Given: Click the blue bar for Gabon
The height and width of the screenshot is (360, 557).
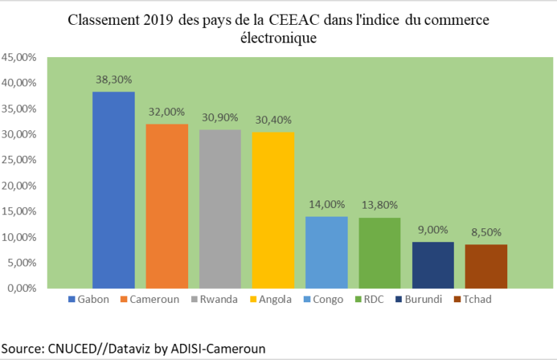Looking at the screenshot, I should [x=113, y=190].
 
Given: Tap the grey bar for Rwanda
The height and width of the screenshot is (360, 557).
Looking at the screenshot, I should [x=220, y=209].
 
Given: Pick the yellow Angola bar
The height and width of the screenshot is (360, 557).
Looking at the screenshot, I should [x=273, y=210].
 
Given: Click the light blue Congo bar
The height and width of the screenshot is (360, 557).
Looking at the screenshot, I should [x=326, y=252].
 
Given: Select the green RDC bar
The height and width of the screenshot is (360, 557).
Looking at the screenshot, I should [x=379, y=252].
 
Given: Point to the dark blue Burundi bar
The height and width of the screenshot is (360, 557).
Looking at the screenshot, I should [x=433, y=265].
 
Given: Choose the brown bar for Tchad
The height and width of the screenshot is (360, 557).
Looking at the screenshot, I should [x=486, y=266].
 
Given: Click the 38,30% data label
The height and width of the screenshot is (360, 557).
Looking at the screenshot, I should [x=113, y=79].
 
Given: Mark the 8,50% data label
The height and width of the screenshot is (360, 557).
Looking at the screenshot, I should [x=486, y=233].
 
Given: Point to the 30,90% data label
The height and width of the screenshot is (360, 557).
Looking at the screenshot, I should [x=220, y=117].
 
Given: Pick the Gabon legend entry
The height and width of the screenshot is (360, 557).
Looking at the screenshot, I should [x=90, y=299].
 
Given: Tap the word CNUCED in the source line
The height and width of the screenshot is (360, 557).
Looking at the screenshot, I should [x=70, y=348].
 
